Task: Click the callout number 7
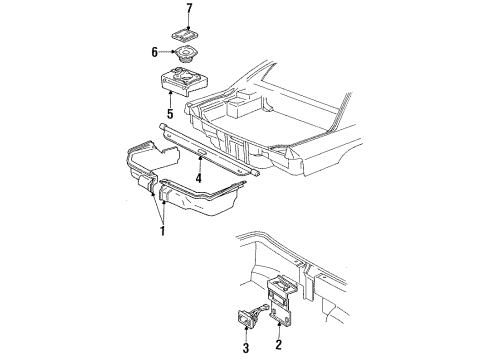pyautogui.click(x=189, y=9)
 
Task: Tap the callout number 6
pyautogui.click(x=154, y=52)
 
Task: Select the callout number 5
pyautogui.click(x=170, y=114)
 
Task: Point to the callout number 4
pyautogui.click(x=199, y=178)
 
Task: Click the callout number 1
pyautogui.click(x=163, y=231)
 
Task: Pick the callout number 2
pyautogui.click(x=278, y=344)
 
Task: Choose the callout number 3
pyautogui.click(x=246, y=348)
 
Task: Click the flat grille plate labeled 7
pyautogui.click(x=185, y=35)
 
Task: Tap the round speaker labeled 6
pyautogui.click(x=185, y=53)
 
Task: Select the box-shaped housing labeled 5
pyautogui.click(x=183, y=82)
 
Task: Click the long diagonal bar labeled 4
pyautogui.click(x=209, y=150)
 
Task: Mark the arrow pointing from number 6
pyautogui.click(x=167, y=52)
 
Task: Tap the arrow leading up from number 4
pyautogui.click(x=200, y=164)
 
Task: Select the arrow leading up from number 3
pyautogui.click(x=246, y=333)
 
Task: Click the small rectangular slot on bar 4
pyautogui.click(x=202, y=153)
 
